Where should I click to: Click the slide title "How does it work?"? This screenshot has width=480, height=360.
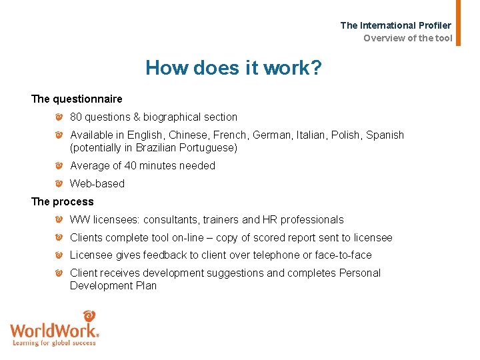[x=234, y=67]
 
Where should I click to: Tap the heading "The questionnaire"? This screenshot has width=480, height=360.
[x=77, y=99]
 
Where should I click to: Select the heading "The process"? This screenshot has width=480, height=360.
[x=63, y=201]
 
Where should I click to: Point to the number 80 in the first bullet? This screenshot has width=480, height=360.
[x=76, y=117]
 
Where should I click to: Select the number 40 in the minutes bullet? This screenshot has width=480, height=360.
[x=131, y=166]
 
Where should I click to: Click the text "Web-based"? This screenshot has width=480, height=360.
[x=97, y=184]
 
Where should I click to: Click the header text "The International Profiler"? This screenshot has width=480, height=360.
[x=396, y=25]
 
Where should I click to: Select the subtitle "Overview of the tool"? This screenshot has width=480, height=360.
[x=407, y=38]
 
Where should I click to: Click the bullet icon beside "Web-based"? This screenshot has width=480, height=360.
[x=59, y=184]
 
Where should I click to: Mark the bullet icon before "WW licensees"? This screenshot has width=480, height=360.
[x=59, y=220]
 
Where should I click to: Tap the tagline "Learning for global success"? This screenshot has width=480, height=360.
[x=55, y=343]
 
